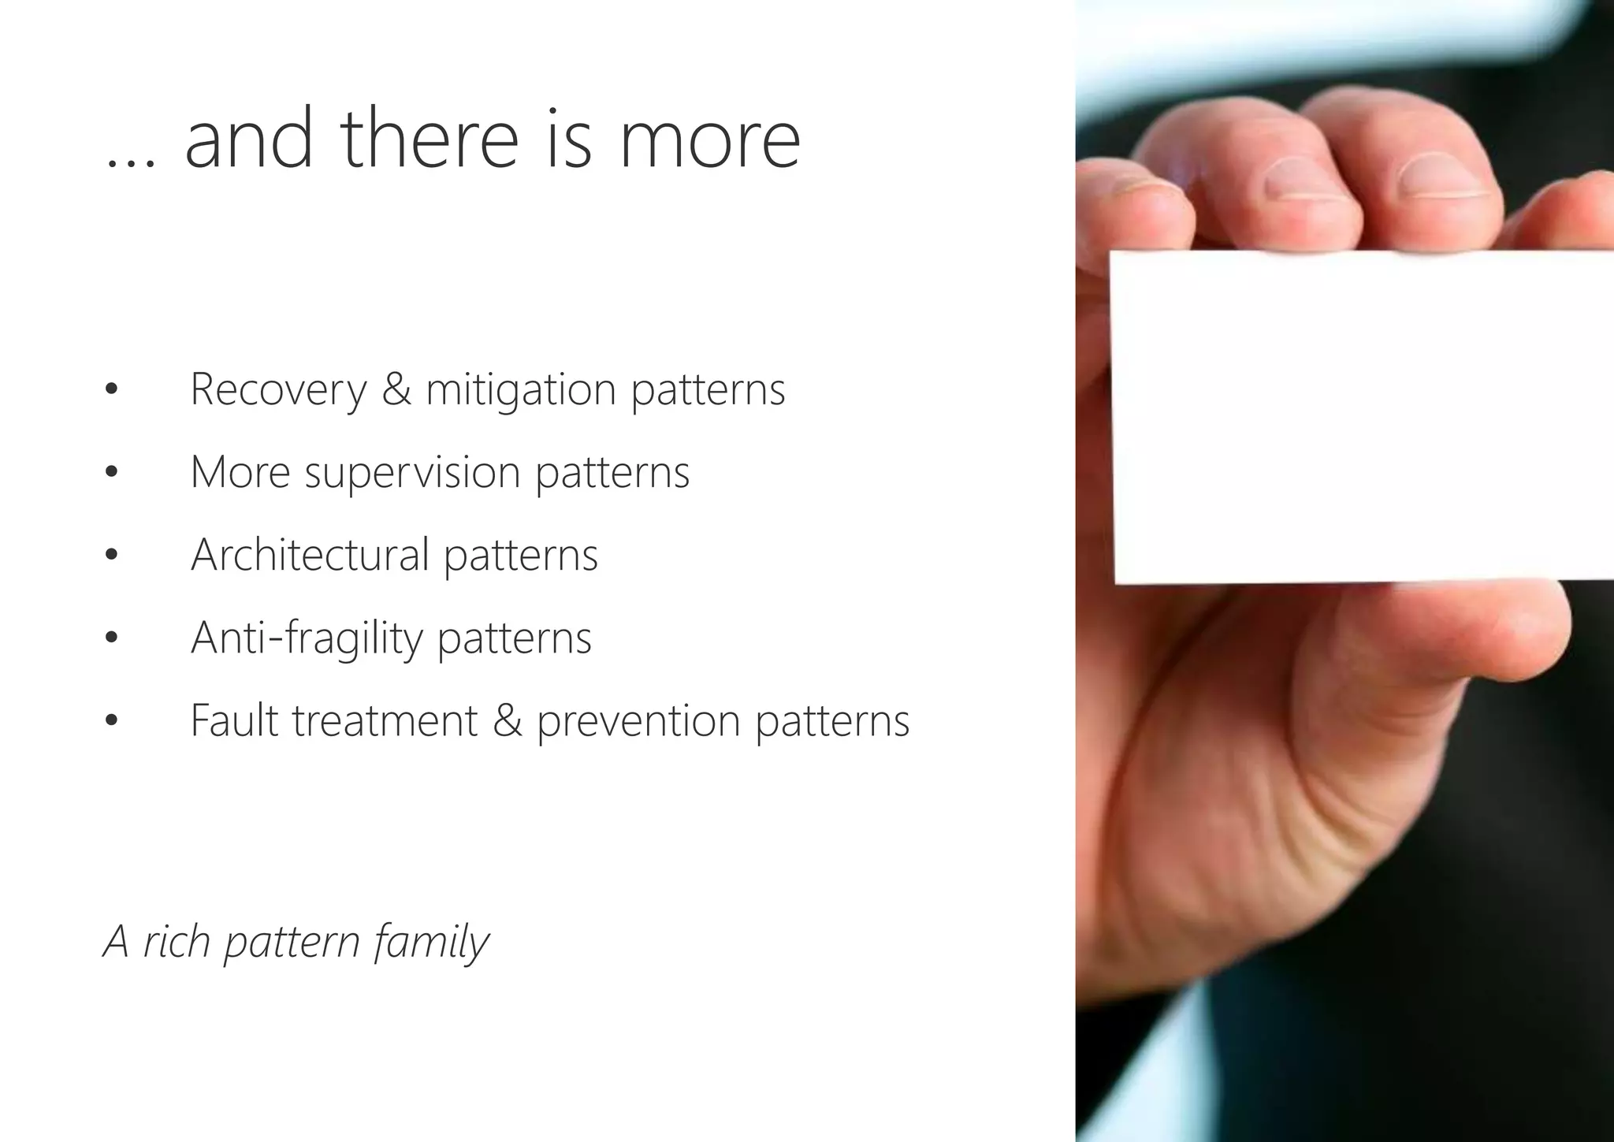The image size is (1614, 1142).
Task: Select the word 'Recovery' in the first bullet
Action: pos(278,389)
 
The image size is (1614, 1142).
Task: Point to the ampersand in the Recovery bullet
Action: pos(396,389)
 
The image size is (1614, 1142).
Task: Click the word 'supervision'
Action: pos(412,474)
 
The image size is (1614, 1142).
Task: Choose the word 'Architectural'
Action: pos(310,555)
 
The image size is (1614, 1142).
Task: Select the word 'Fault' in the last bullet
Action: pos(234,720)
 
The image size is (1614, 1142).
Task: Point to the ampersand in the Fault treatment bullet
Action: pos(508,720)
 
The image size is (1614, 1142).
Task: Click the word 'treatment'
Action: pos(385,720)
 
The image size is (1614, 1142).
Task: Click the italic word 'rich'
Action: pos(177,941)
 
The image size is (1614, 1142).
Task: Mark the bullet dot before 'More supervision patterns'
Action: pos(111,473)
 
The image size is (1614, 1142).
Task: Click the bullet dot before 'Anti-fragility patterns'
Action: pos(111,638)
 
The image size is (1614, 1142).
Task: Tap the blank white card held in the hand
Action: pos(1356,418)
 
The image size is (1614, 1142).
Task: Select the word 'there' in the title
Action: pos(430,140)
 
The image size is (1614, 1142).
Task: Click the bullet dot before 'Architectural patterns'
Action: pos(111,556)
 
